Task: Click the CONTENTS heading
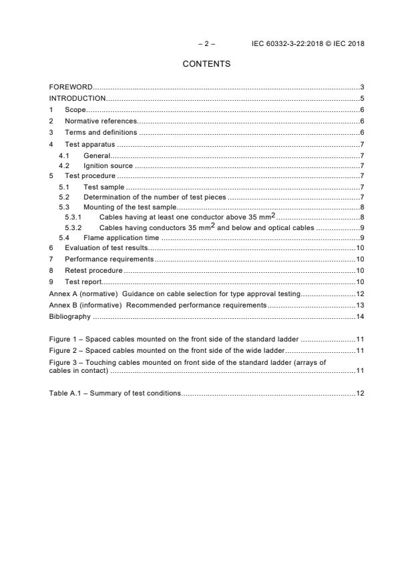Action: [x=206, y=64]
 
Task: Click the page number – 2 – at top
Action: [x=206, y=44]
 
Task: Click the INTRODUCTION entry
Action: [x=77, y=99]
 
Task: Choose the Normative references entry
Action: [x=101, y=121]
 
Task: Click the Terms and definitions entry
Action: [x=100, y=132]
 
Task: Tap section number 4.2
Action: [x=64, y=165]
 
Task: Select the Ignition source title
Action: [x=108, y=165]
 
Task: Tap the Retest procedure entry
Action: [x=93, y=270]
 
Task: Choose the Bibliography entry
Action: [x=69, y=316]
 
